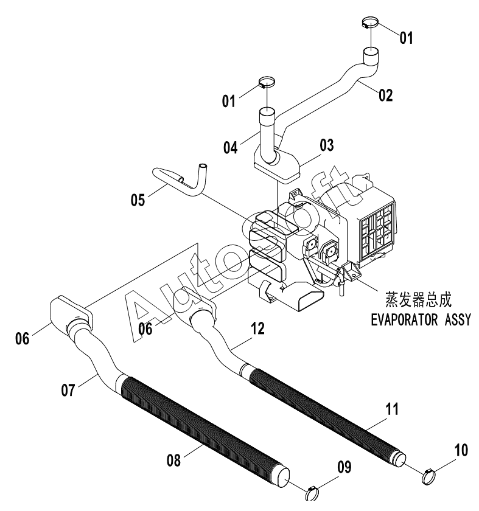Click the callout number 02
386,95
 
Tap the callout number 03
327,145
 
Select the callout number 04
231,148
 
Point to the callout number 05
138,200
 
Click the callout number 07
68,390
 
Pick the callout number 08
173,461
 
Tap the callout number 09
344,467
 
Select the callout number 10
461,450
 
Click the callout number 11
392,409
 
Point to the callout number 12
258,328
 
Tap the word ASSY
458,320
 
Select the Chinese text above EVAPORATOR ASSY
419,299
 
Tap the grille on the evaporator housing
377,231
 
